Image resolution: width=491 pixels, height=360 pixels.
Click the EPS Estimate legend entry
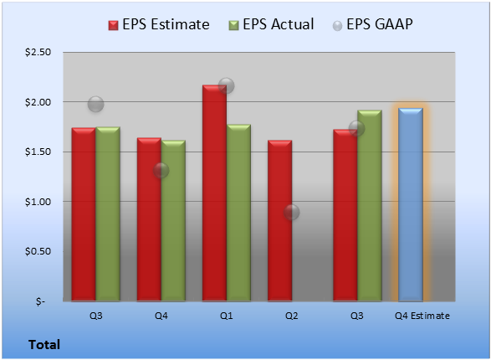tap(159, 24)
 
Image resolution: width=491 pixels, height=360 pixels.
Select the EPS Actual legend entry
tap(271, 24)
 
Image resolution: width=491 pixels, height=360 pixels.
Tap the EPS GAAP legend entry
tap(372, 24)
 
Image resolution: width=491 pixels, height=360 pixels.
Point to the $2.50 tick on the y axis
tap(38, 52)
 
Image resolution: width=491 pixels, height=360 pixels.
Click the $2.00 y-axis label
tap(38, 102)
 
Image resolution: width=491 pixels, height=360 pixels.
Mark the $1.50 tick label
tap(38, 152)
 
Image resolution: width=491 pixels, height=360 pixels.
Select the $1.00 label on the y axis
tap(38, 202)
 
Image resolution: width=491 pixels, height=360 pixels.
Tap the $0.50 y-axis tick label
tap(38, 251)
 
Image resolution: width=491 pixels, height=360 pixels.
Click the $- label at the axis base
tap(40, 301)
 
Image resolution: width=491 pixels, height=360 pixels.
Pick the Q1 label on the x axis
tap(227, 316)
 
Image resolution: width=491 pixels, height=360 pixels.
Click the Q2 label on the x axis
tap(292, 316)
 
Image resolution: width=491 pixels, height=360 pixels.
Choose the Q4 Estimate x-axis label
tap(422, 316)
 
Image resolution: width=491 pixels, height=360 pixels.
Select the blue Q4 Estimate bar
tap(411, 204)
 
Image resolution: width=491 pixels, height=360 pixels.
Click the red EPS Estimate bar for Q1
tap(214, 193)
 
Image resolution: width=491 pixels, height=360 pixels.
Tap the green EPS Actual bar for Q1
tap(238, 213)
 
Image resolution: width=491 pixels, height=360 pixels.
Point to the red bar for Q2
tap(280, 220)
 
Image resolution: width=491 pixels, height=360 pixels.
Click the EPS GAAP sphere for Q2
tap(292, 212)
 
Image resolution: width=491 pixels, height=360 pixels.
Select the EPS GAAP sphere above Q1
tap(227, 85)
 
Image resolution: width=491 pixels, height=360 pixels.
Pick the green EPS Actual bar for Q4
tap(173, 220)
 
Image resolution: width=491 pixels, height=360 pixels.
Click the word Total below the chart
tap(44, 345)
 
